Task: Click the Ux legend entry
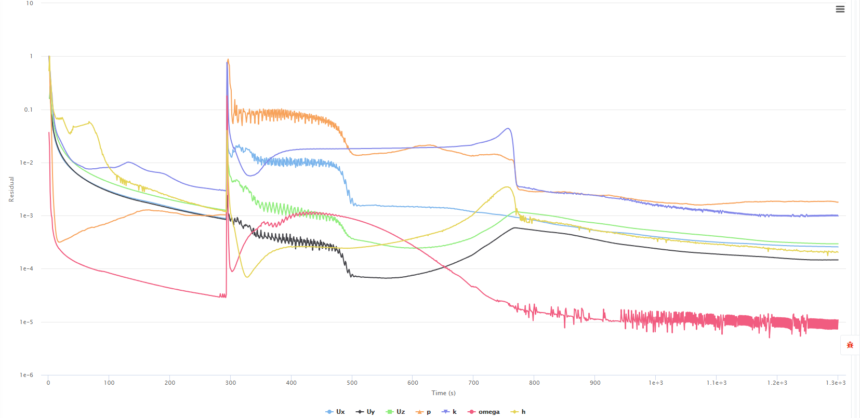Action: [x=335, y=412]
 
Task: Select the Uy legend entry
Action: [x=365, y=412]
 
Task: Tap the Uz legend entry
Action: [x=395, y=412]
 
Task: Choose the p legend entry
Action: [x=424, y=412]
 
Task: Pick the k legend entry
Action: [x=449, y=412]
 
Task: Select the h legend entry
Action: [x=519, y=412]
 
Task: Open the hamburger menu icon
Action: [x=840, y=9]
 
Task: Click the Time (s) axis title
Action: [x=443, y=393]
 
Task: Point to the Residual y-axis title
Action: [x=11, y=189]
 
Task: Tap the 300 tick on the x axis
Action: [x=231, y=383]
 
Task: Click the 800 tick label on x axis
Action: [x=534, y=383]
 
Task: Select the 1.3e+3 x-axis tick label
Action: [x=836, y=383]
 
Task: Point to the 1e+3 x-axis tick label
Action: [x=656, y=383]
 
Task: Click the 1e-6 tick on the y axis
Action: [x=27, y=375]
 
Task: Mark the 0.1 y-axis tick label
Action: [x=28, y=110]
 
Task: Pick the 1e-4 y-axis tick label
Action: [x=27, y=268]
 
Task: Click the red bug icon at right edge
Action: [x=850, y=345]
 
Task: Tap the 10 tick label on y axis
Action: [x=30, y=3]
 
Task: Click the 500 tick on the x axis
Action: [x=352, y=383]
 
